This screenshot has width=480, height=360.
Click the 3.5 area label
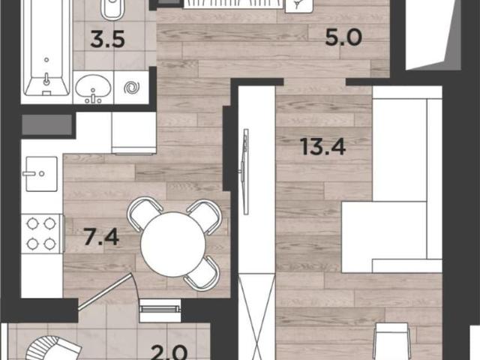(108, 40)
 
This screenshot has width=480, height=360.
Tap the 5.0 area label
(343, 37)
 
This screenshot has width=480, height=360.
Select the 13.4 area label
(323, 147)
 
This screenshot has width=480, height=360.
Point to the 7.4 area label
(101, 237)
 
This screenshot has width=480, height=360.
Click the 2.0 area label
(169, 352)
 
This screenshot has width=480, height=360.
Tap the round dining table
(173, 244)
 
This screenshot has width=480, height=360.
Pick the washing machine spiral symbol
(132, 88)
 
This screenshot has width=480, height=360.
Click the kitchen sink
(42, 174)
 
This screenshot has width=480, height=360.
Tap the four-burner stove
(41, 234)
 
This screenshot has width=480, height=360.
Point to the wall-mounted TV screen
(245, 172)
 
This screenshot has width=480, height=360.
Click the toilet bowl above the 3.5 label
(112, 10)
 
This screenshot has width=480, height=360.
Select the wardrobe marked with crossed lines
(256, 316)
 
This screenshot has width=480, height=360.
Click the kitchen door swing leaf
(105, 292)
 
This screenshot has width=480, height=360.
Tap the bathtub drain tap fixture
(46, 79)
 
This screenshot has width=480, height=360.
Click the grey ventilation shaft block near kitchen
(46, 124)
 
